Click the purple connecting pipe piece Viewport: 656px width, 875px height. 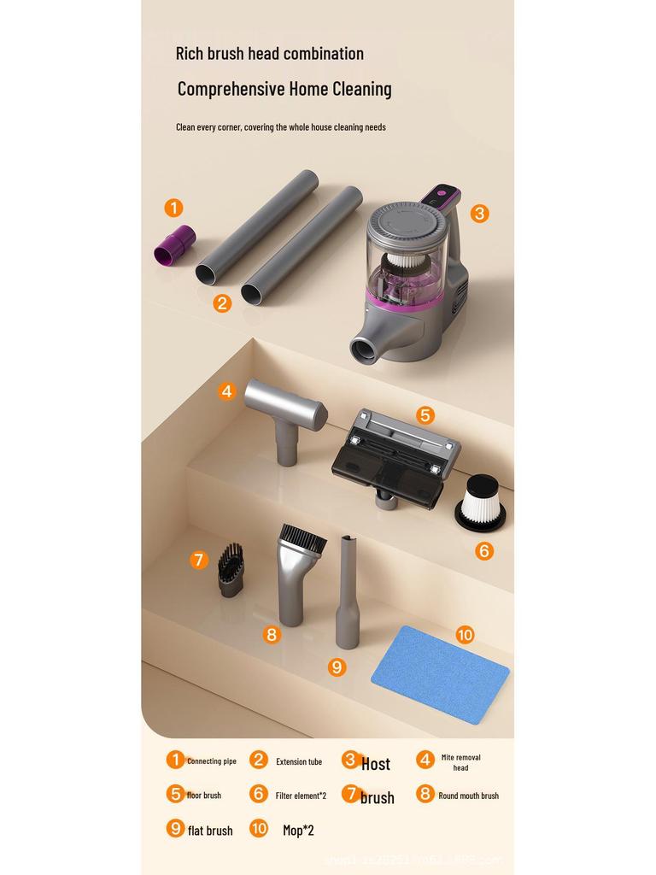point(174,244)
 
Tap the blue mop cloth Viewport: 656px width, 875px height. point(440,674)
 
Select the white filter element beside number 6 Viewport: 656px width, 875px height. point(480,502)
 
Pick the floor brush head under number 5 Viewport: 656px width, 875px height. point(396,457)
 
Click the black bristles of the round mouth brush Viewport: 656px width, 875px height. point(303,539)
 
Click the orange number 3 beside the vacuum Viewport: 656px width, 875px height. point(479,214)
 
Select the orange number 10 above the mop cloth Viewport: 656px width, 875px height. point(465,635)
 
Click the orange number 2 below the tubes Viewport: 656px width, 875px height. point(222,302)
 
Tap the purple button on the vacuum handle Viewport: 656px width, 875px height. point(442,194)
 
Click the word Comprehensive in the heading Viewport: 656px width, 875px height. point(231,89)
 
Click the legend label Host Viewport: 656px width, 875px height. point(376,764)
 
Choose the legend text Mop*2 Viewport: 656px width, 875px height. point(298,829)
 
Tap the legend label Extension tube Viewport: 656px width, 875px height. point(299,761)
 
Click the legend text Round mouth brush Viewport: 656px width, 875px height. point(468,796)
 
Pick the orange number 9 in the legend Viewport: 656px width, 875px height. point(175,828)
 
